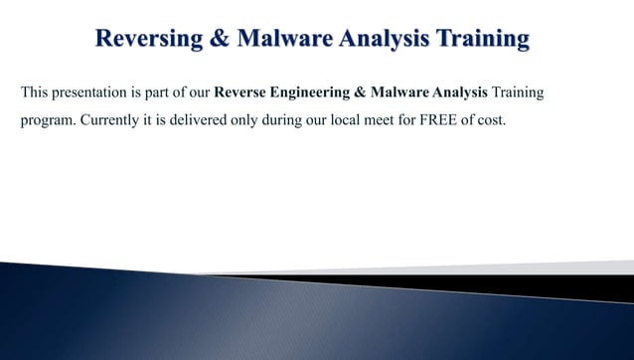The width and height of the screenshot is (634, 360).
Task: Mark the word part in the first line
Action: click(151, 94)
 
